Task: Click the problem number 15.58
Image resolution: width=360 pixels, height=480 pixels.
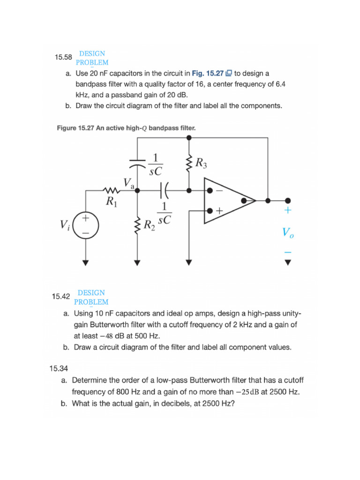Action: [x=63, y=58]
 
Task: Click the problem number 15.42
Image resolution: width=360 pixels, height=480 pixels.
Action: [x=61, y=297]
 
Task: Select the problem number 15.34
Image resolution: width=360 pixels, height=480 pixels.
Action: [x=59, y=368]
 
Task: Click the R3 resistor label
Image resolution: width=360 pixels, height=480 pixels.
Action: [x=201, y=164]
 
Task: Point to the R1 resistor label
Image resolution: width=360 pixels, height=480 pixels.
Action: [x=111, y=202]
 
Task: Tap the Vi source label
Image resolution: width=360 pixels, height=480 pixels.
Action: [x=65, y=225]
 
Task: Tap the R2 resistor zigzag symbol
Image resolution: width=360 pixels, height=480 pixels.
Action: [x=137, y=225]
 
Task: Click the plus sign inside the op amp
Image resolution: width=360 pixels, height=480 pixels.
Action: [x=218, y=211]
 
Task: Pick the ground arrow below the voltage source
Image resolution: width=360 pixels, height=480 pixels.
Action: [x=85, y=262]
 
